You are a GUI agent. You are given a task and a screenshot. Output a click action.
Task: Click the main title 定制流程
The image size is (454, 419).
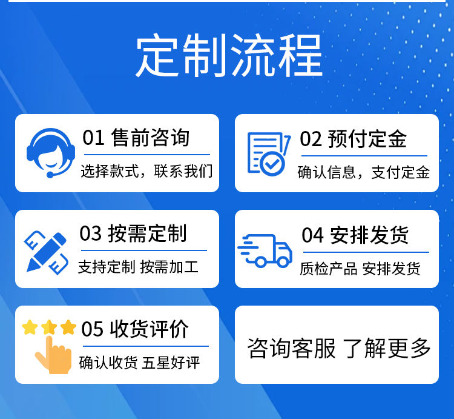click(229, 55)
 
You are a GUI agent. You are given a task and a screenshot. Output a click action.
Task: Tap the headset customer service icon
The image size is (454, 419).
click(51, 153)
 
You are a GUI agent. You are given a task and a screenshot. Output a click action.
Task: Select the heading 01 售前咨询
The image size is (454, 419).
click(136, 138)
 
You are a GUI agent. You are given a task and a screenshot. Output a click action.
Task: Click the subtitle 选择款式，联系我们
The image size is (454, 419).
click(146, 171)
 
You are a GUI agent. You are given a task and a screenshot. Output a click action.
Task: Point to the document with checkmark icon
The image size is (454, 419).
click(269, 154)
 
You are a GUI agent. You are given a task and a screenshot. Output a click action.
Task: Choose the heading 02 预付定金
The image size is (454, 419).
click(354, 139)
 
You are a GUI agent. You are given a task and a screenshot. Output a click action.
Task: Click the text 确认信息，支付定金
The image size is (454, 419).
click(364, 172)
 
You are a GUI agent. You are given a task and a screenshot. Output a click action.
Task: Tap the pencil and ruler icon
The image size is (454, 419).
click(47, 253)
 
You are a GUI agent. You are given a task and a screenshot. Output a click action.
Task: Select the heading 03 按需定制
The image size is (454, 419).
click(133, 233)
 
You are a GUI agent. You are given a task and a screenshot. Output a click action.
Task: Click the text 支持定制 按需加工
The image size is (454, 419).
click(138, 267)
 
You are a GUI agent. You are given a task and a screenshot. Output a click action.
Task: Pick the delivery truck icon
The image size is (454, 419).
click(265, 250)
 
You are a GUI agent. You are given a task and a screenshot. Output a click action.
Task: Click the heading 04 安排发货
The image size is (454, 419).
click(355, 235)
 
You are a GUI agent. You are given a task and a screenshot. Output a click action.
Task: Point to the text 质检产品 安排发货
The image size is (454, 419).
click(360, 269)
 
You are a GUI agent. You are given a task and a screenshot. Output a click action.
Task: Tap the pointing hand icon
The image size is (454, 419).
click(53, 355)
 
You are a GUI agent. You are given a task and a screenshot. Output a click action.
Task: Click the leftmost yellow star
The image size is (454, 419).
click(30, 327)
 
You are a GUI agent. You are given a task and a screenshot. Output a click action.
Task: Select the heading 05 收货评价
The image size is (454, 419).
click(135, 329)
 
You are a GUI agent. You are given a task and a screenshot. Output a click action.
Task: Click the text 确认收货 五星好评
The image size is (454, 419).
click(140, 363)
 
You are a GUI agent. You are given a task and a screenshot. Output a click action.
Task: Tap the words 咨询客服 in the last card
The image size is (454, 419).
click(292, 348)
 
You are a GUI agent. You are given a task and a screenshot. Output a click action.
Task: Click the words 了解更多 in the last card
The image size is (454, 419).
click(387, 348)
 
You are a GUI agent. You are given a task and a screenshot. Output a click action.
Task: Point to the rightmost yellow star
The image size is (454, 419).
click(68, 327)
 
